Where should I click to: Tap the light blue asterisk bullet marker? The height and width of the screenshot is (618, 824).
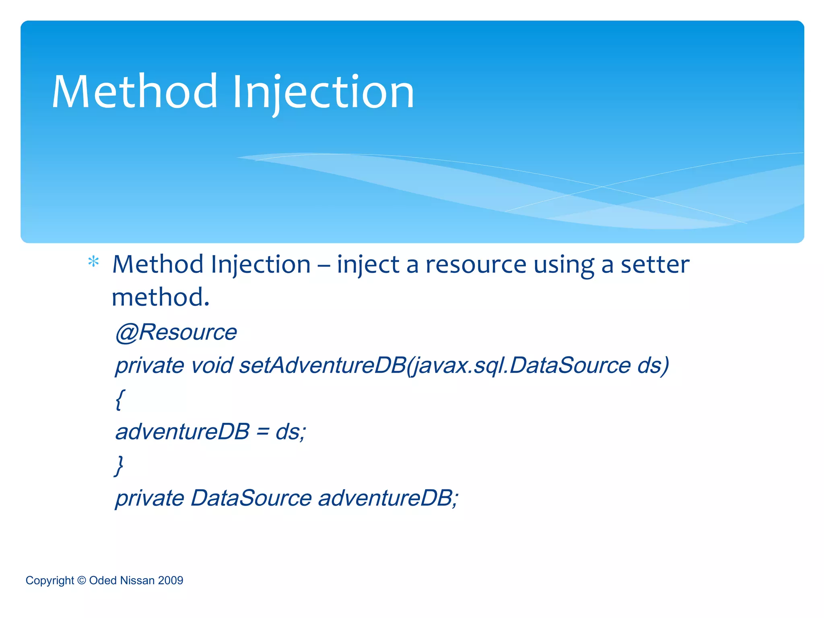click(x=93, y=262)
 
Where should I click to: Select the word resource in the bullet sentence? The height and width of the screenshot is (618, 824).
click(x=476, y=265)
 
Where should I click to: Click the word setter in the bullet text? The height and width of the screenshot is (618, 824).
click(x=655, y=265)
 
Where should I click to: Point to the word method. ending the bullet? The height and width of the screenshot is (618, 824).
click(x=161, y=297)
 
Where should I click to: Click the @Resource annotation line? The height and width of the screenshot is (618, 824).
click(x=176, y=332)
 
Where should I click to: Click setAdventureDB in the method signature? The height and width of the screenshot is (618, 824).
click(x=322, y=365)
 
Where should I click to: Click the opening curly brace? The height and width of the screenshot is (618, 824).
click(x=120, y=399)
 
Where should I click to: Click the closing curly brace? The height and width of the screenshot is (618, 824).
click(x=119, y=466)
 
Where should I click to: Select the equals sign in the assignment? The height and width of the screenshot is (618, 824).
click(x=262, y=432)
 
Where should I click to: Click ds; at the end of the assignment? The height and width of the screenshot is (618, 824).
click(x=290, y=432)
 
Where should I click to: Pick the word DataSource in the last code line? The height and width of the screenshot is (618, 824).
click(x=251, y=498)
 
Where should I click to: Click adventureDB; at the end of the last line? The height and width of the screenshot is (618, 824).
click(x=388, y=498)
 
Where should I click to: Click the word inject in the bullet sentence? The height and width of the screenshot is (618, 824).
click(x=368, y=265)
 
